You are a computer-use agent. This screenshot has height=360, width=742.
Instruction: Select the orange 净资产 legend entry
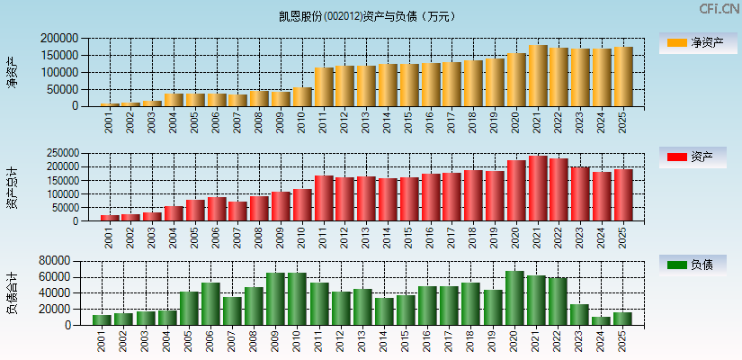(695, 42)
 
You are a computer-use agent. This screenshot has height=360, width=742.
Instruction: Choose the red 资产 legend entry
(695, 157)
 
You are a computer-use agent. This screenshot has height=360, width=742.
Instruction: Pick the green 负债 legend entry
(695, 265)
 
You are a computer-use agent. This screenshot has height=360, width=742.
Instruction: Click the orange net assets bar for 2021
(538, 76)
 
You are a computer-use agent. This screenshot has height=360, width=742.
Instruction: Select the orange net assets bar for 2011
(324, 86)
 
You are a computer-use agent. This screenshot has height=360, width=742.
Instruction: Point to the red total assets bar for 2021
(538, 188)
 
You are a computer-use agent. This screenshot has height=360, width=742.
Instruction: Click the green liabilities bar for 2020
(514, 298)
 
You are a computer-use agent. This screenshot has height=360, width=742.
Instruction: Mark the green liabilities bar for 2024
(601, 320)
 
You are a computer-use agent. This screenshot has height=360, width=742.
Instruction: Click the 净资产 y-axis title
(13, 72)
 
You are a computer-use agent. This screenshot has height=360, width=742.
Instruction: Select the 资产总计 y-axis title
(13, 187)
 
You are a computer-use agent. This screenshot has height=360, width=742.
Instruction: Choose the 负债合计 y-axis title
(13, 292)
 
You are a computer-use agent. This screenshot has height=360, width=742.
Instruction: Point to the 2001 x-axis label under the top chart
(109, 123)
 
